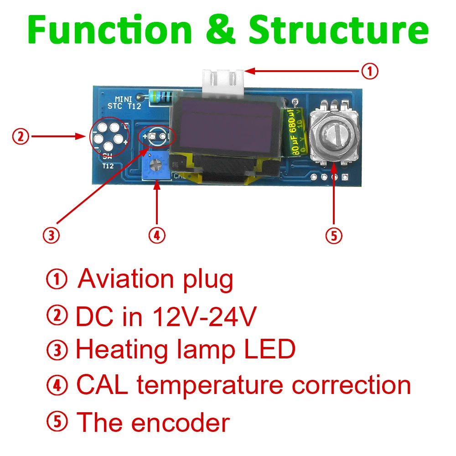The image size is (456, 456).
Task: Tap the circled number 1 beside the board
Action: point(370,71)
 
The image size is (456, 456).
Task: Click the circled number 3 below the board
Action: point(51,235)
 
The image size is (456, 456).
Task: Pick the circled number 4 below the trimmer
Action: point(156,235)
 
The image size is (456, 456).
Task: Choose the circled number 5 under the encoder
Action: point(334,235)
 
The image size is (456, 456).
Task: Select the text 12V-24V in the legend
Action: point(203,316)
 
